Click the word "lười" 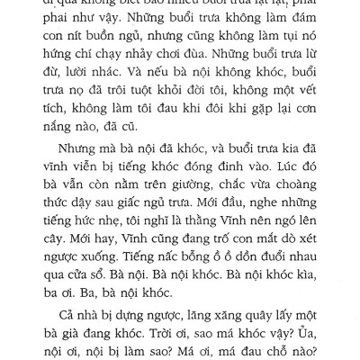98,82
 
